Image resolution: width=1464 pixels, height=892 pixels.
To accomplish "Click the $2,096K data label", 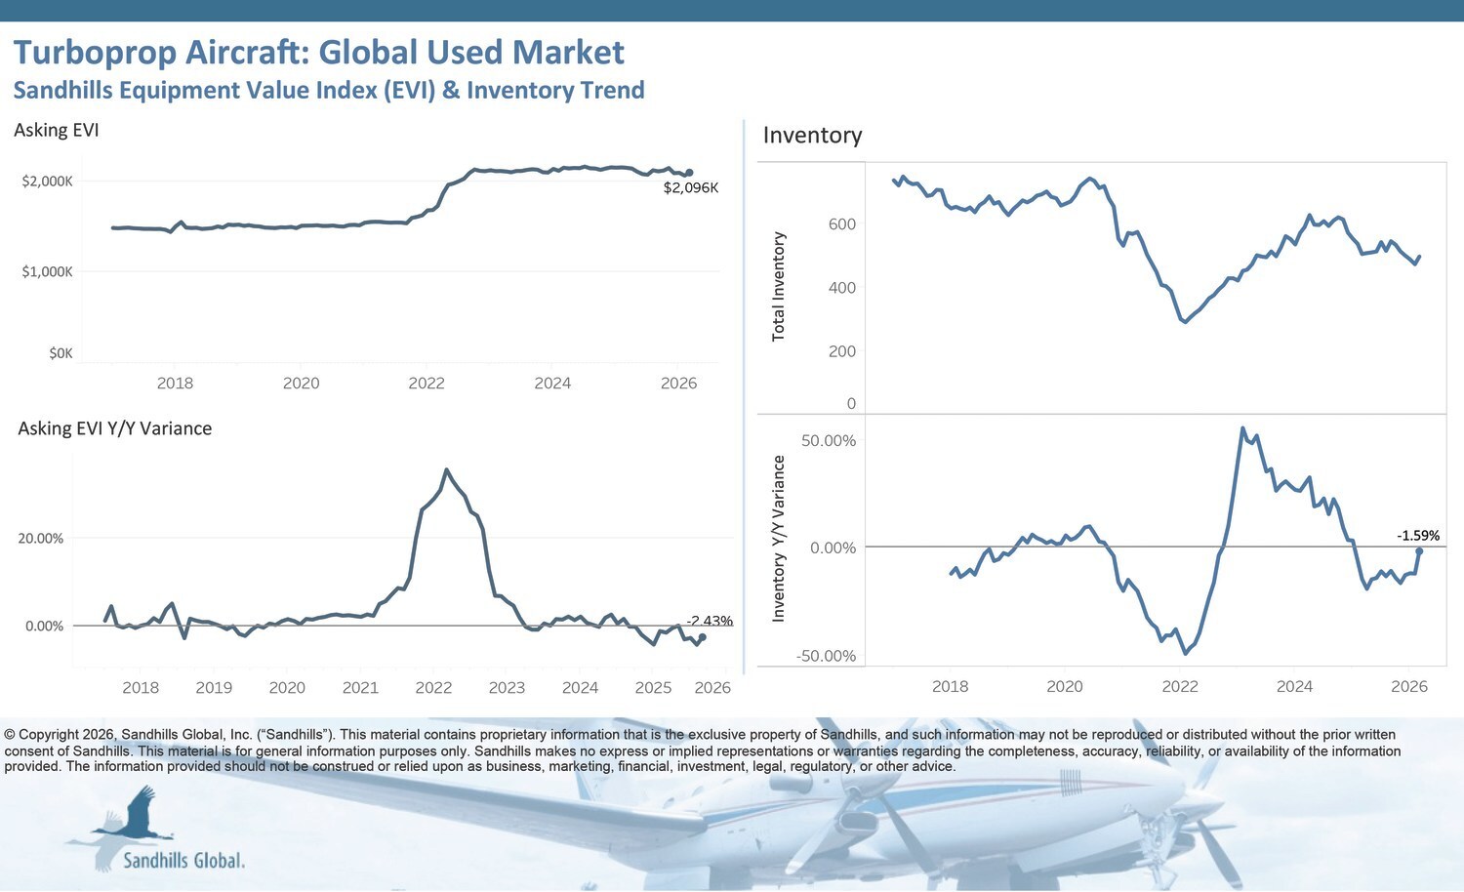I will coord(690,187).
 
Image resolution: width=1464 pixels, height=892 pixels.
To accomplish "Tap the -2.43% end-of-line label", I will coord(710,621).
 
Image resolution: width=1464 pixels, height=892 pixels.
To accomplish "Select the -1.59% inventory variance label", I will coord(1417,536).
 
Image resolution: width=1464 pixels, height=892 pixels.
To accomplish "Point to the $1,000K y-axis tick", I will coord(47,271).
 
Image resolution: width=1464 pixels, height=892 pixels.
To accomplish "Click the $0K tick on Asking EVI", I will coord(61,353).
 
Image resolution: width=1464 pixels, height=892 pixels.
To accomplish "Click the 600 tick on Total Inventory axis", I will coord(841,224).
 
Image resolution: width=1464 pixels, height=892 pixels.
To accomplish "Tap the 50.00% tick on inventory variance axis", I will coord(828,441).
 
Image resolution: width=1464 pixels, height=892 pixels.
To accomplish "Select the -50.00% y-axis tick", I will coord(826,656).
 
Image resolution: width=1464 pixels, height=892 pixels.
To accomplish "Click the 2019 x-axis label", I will coord(214,687).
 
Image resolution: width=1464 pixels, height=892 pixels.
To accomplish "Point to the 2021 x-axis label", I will coord(360,687).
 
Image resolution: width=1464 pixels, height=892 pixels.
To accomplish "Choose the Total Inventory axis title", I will coord(778,286).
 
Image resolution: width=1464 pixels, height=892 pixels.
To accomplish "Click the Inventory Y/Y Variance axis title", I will coord(778,539).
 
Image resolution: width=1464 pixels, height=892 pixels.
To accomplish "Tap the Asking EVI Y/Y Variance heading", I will coord(114,428).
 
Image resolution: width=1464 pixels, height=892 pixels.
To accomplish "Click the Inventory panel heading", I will coord(812,136).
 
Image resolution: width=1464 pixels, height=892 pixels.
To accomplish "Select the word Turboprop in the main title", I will coord(95,53).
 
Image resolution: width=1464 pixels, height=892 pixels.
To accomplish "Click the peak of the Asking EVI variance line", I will coord(447,470).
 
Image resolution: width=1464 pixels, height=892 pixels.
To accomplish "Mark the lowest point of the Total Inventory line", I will coord(1185,321).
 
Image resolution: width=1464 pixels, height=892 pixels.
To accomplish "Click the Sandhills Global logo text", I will coord(183,860).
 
